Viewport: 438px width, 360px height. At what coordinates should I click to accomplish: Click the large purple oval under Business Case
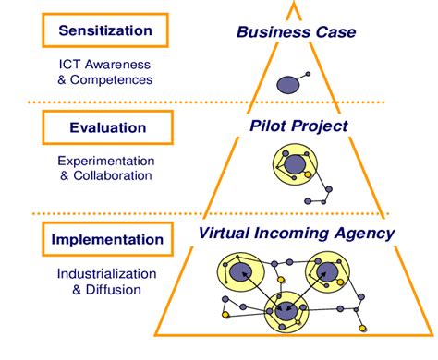point(288,86)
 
